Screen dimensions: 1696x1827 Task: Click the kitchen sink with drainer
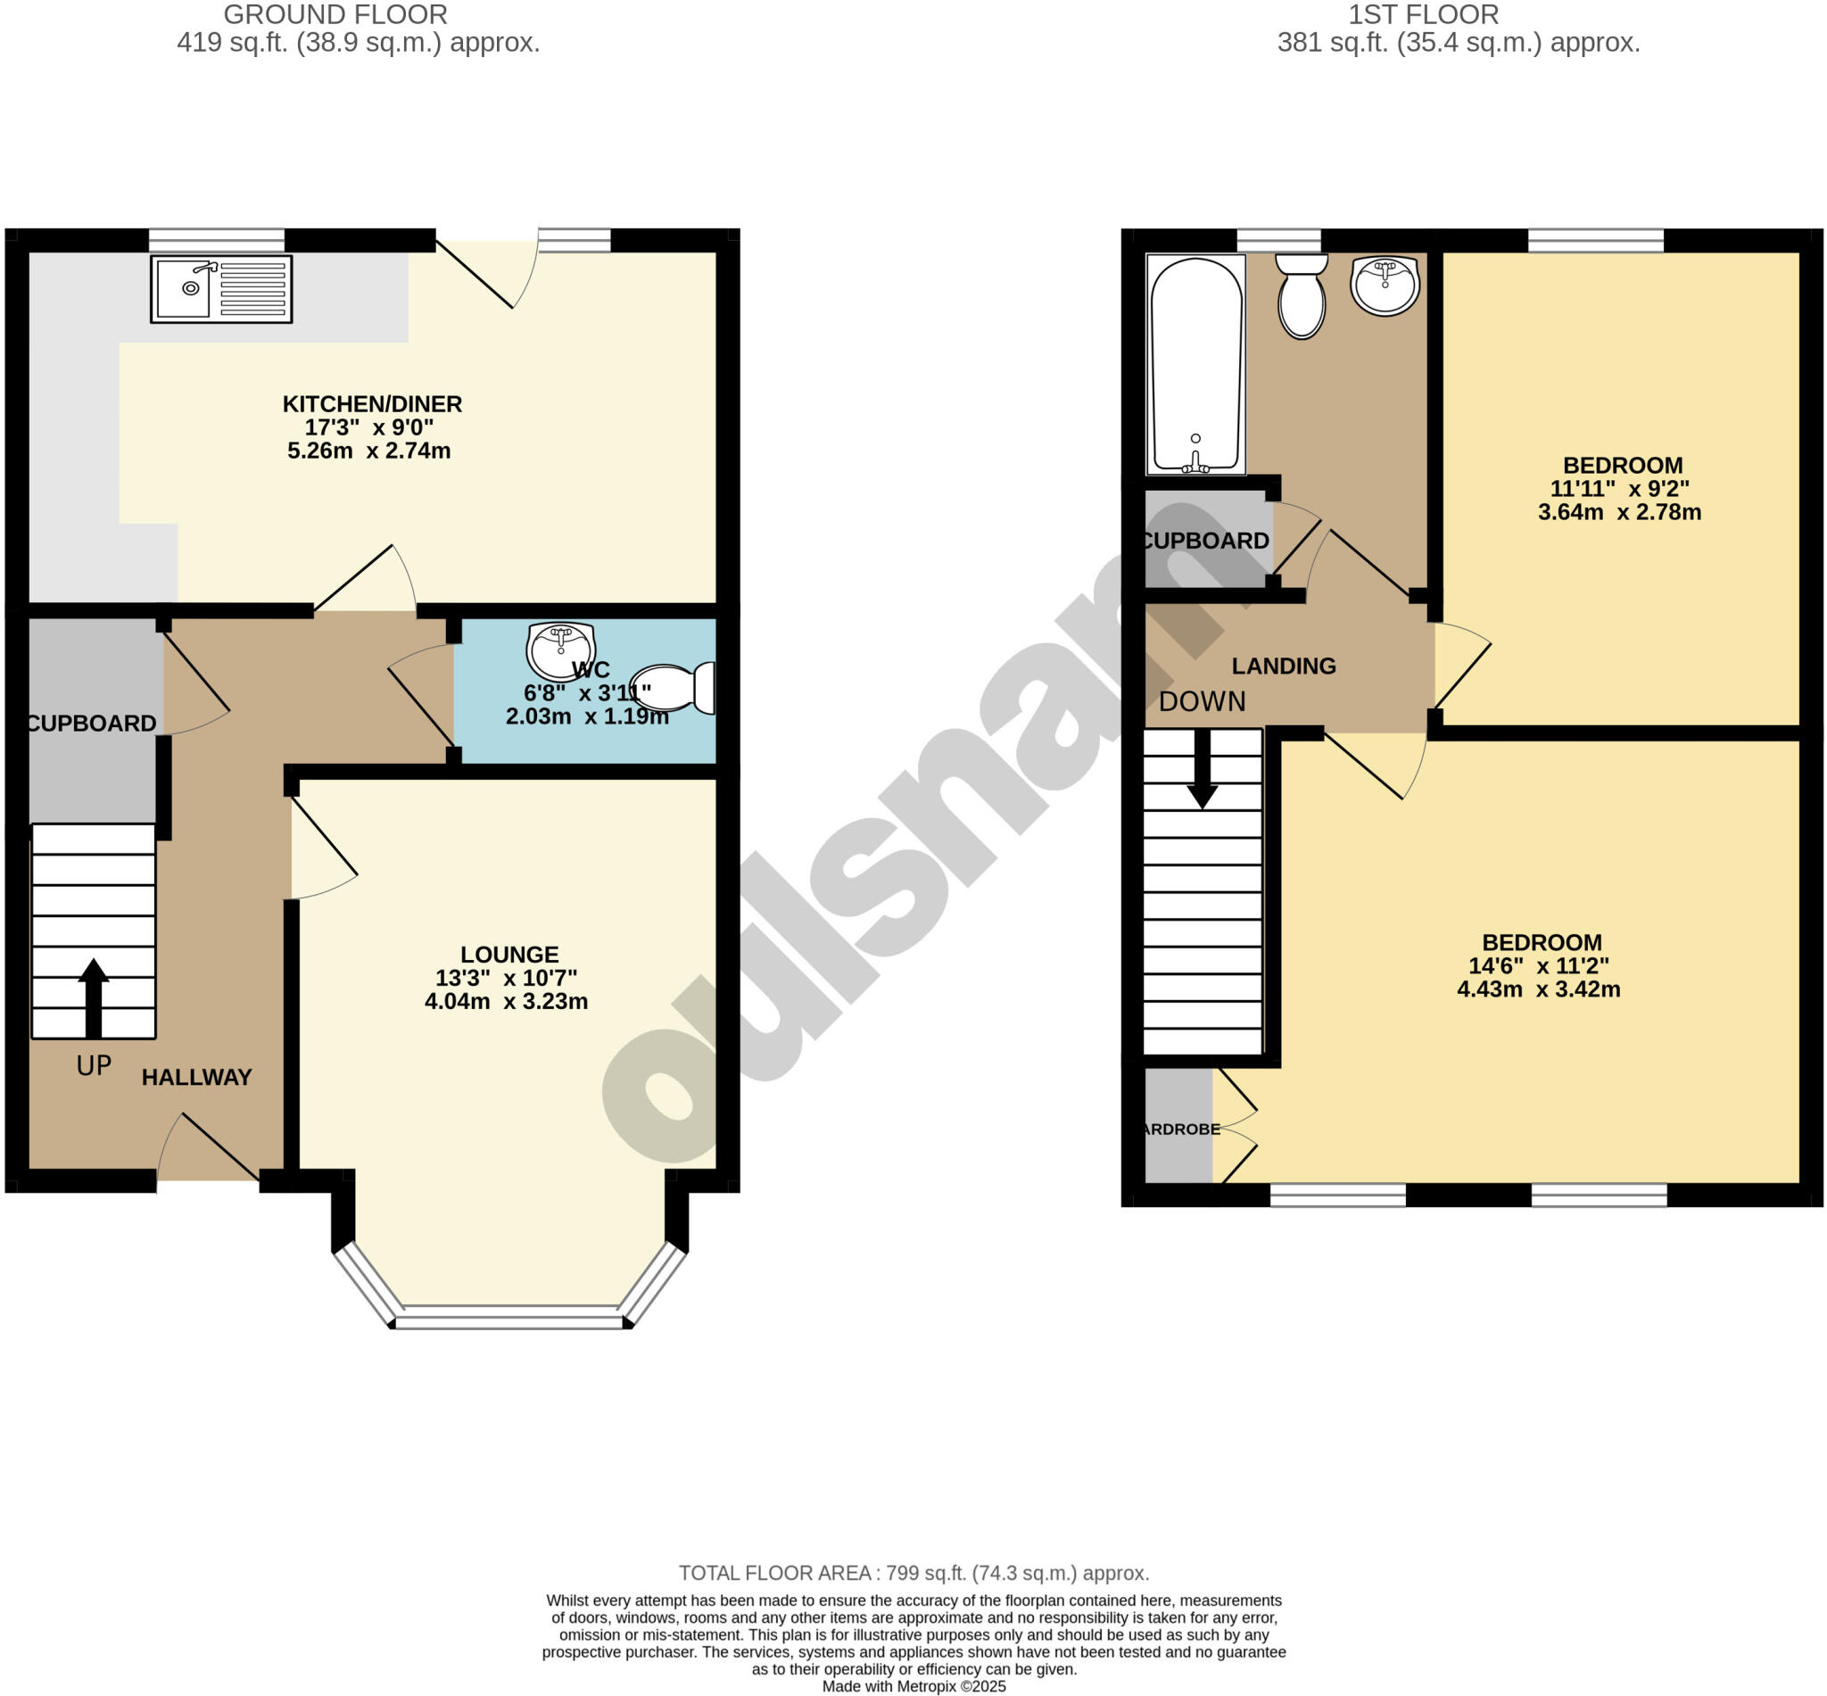(x=221, y=289)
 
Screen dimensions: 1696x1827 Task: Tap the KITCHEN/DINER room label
(x=372, y=404)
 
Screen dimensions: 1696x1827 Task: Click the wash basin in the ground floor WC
(x=560, y=649)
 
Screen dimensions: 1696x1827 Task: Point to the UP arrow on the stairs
(x=93, y=997)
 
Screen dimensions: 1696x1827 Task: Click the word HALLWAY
(x=196, y=1078)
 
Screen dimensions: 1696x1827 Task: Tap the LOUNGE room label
(x=509, y=955)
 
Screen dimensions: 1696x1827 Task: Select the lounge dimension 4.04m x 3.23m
(x=506, y=1001)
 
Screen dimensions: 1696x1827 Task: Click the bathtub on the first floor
(x=1195, y=363)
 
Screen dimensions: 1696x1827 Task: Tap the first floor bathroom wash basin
(x=1385, y=285)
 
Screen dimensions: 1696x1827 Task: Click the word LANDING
(x=1283, y=666)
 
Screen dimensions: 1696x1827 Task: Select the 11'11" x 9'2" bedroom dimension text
(x=1620, y=489)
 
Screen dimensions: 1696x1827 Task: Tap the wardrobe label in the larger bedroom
(x=1182, y=1129)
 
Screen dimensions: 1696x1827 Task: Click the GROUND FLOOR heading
(x=335, y=14)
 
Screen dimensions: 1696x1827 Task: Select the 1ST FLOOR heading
(x=1423, y=14)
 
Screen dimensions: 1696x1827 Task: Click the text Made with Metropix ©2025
(x=913, y=1686)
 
